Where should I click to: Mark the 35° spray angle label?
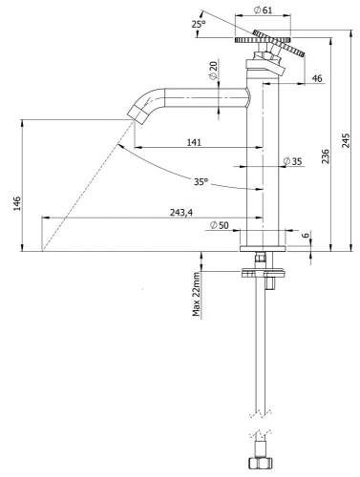(201, 180)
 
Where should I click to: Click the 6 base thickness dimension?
(306, 235)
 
